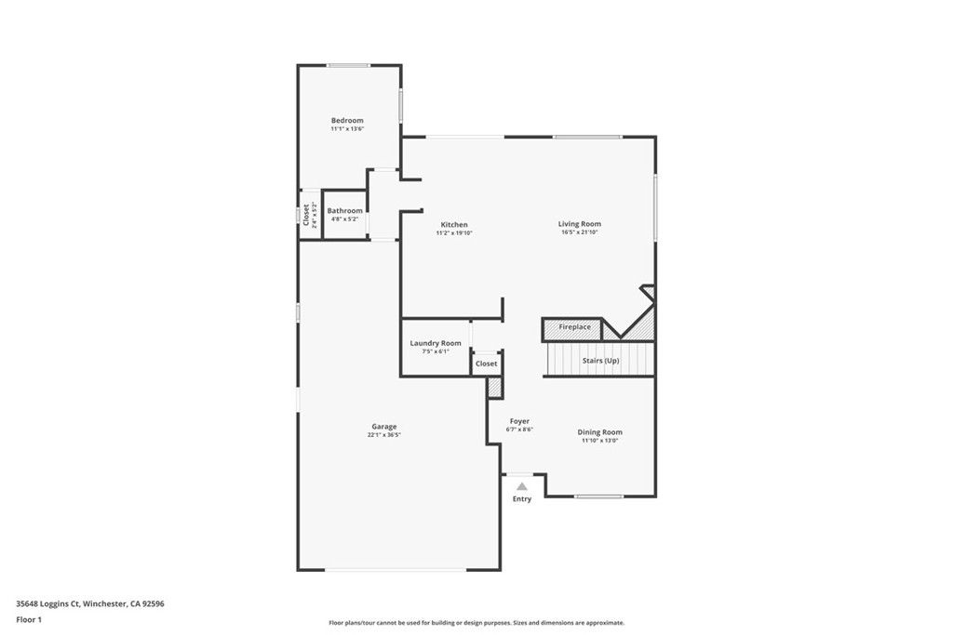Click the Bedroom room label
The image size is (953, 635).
pyautogui.click(x=347, y=120)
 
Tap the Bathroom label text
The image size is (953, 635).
pyautogui.click(x=344, y=211)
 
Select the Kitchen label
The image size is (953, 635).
pyautogui.click(x=454, y=225)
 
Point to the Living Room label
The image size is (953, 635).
pyautogui.click(x=579, y=224)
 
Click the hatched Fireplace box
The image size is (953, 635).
pyautogui.click(x=573, y=328)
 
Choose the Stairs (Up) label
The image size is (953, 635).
pyautogui.click(x=600, y=361)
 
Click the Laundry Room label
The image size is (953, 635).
pyautogui.click(x=436, y=343)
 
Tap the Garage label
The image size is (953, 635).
pyautogui.click(x=384, y=427)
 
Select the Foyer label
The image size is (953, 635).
pyautogui.click(x=519, y=421)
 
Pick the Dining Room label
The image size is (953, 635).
pyautogui.click(x=599, y=431)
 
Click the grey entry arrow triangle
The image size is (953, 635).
pyautogui.click(x=522, y=486)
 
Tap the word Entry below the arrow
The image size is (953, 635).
pyautogui.click(x=522, y=499)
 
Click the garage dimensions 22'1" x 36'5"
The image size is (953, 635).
pyautogui.click(x=384, y=435)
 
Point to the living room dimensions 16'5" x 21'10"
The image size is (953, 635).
pyautogui.click(x=579, y=232)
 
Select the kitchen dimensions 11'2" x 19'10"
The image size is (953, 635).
pyautogui.click(x=454, y=233)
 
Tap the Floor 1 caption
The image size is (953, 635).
pyautogui.click(x=29, y=619)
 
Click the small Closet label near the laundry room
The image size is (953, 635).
pyautogui.click(x=487, y=364)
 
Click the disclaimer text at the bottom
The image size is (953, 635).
pyautogui.click(x=476, y=623)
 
